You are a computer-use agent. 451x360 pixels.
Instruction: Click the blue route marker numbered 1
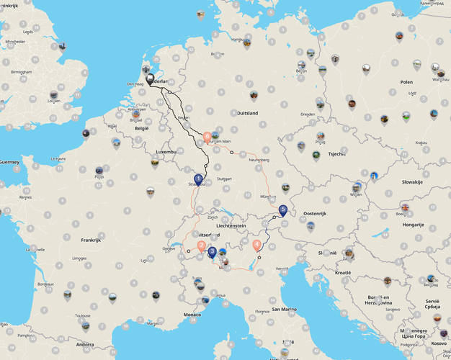198,179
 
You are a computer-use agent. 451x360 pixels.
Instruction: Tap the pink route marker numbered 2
201,246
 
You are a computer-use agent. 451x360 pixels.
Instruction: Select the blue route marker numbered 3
212,251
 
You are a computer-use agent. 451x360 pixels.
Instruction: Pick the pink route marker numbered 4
257,245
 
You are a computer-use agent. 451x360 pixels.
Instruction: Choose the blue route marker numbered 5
283,210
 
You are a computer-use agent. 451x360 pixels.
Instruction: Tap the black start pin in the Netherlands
150,79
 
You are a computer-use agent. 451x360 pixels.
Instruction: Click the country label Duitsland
247,113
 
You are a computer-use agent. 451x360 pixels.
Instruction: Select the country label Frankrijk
91,240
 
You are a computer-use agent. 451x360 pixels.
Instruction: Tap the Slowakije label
412,182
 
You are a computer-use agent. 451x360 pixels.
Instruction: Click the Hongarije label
414,224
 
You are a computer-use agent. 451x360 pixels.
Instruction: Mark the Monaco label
192,315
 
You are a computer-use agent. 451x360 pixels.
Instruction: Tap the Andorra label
85,344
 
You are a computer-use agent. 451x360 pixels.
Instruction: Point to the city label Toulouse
83,315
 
